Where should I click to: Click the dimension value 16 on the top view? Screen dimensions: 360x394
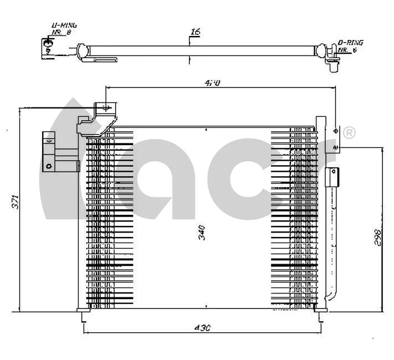pos(195,32)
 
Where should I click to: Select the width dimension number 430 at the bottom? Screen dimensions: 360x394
pos(203,328)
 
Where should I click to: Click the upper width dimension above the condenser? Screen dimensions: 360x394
pos(213,83)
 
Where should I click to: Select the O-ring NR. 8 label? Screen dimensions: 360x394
pos(64,29)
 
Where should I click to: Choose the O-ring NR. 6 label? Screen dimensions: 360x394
pos(350,45)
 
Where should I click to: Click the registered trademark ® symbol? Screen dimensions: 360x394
pos(349,133)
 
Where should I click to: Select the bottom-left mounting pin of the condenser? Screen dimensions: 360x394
pos(84,315)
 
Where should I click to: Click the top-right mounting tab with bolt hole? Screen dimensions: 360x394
pos(336,135)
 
